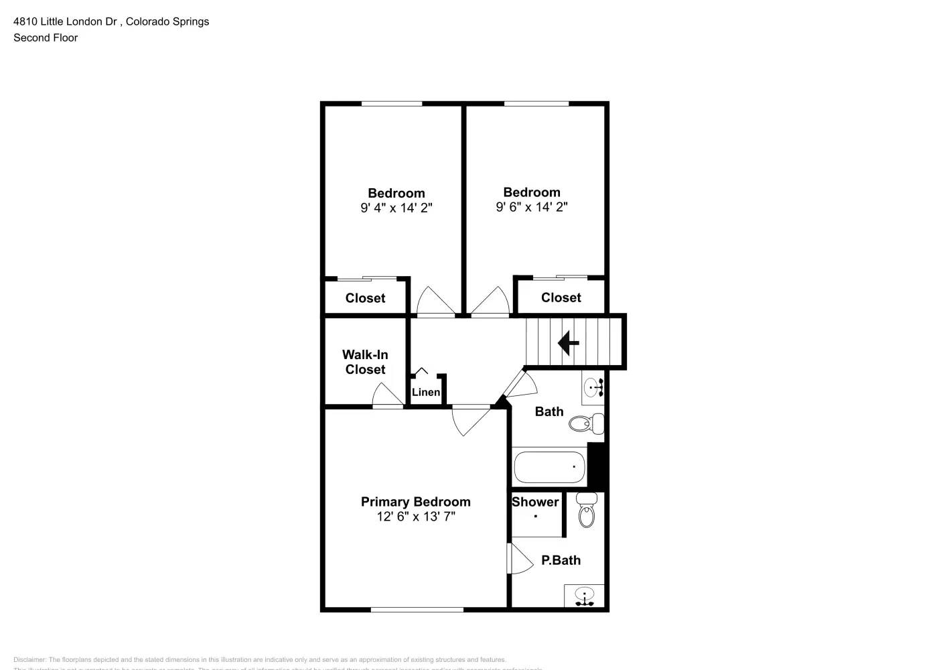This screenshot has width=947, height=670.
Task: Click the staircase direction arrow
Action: pyautogui.click(x=568, y=343)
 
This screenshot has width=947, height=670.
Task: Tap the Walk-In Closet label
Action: pyautogui.click(x=365, y=362)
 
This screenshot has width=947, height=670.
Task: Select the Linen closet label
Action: pyautogui.click(x=426, y=392)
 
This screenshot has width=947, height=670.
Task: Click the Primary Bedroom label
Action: pyautogui.click(x=415, y=502)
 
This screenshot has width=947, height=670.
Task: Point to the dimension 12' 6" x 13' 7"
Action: pyautogui.click(x=416, y=517)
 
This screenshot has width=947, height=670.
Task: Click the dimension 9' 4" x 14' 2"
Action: pyautogui.click(x=396, y=208)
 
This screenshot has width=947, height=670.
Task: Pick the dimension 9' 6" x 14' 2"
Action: pyautogui.click(x=531, y=207)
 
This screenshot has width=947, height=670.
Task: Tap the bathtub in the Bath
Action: pyautogui.click(x=549, y=466)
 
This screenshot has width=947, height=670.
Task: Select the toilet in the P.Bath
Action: pyautogui.click(x=587, y=512)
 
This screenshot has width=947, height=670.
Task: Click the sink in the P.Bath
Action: pyautogui.click(x=585, y=596)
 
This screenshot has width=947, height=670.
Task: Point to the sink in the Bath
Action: pyautogui.click(x=593, y=388)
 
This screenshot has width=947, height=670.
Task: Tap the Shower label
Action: pyautogui.click(x=535, y=502)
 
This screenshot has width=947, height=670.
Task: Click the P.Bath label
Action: pyautogui.click(x=561, y=560)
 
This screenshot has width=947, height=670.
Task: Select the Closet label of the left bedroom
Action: pyautogui.click(x=365, y=298)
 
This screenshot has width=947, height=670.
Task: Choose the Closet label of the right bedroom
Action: pyautogui.click(x=561, y=297)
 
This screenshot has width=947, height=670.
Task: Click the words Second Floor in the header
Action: pyautogui.click(x=46, y=38)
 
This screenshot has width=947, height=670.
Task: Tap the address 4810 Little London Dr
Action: pyautogui.click(x=66, y=21)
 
